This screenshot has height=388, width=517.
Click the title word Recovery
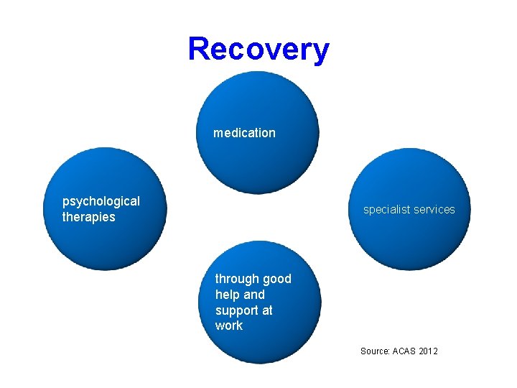click(258, 50)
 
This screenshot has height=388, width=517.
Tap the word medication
click(244, 133)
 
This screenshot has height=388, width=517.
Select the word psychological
click(101, 201)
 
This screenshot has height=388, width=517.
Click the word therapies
click(88, 217)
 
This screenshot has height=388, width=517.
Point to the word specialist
click(386, 210)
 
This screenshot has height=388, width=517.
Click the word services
click(433, 210)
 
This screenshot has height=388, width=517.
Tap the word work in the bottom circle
click(229, 325)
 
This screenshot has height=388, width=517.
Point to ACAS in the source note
click(405, 351)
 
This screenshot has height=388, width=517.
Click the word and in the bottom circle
click(255, 295)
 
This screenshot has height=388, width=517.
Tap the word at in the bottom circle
click(266, 310)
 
